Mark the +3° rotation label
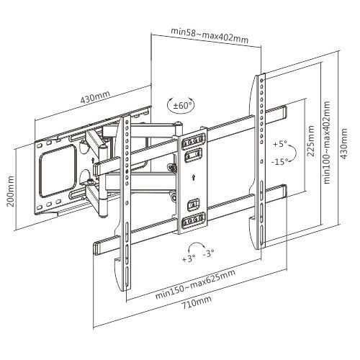tap(189, 258)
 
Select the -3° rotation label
tap(209, 254)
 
